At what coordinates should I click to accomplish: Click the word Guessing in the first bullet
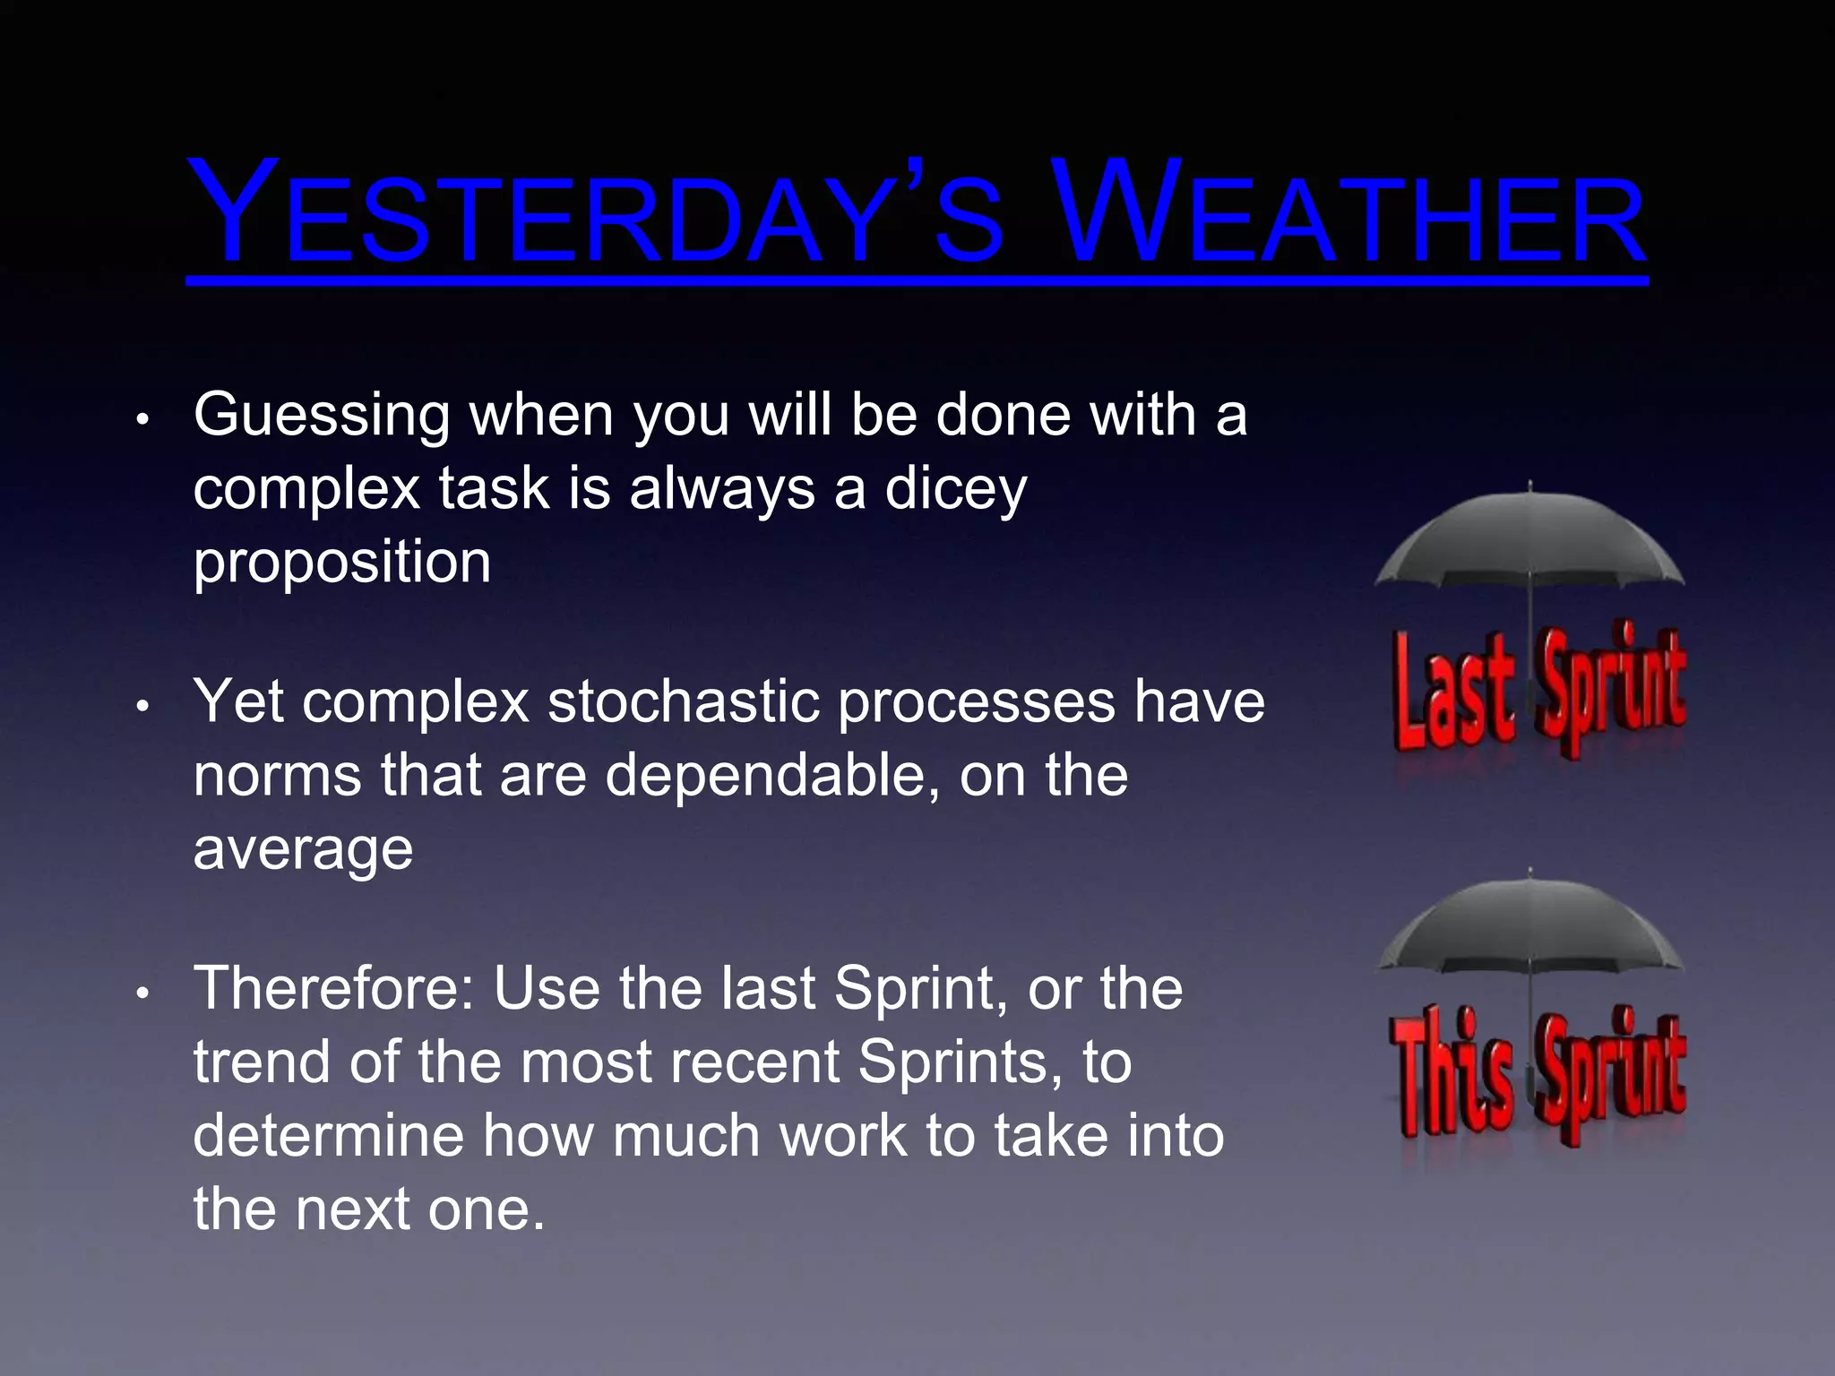pyautogui.click(x=321, y=417)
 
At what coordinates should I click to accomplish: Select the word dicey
pyautogui.click(x=955, y=490)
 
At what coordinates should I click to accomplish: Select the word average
pyautogui.click(x=303, y=849)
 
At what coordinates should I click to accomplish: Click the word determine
pyautogui.click(x=328, y=1136)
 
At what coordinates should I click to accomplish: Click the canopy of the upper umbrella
pyautogui.click(x=1529, y=537)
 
